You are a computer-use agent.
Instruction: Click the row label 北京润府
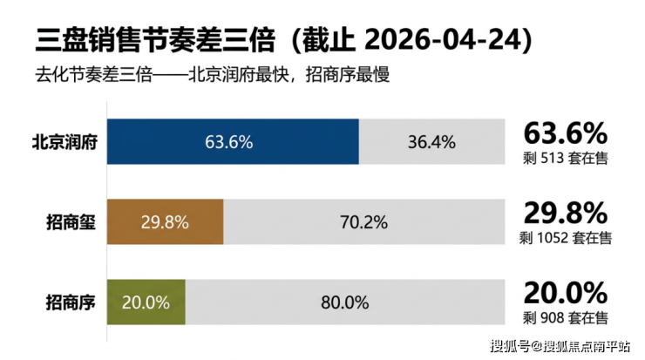(x=69, y=142)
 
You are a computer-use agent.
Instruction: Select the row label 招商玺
(x=69, y=221)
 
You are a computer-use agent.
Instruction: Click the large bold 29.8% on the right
(x=564, y=214)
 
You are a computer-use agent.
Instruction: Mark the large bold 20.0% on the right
(x=564, y=293)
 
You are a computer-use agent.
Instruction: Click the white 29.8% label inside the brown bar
(x=165, y=221)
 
